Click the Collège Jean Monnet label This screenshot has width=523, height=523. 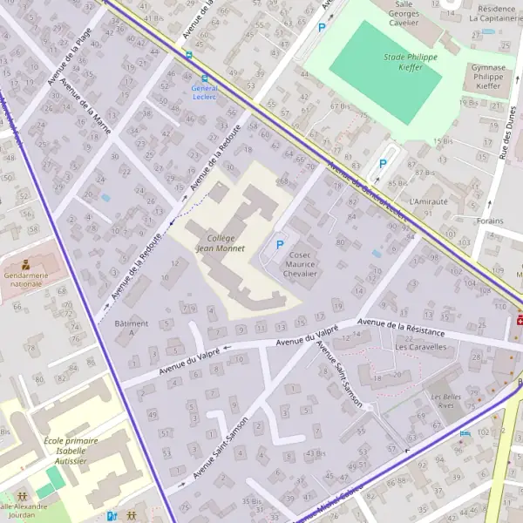(x=217, y=243)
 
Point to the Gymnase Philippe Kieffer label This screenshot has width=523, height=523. (x=488, y=77)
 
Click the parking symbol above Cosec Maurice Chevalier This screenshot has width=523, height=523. (x=279, y=246)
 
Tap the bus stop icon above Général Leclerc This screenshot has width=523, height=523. (x=189, y=54)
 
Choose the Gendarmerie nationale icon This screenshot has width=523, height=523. (x=24, y=263)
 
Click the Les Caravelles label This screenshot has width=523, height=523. (x=421, y=346)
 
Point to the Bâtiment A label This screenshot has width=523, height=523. (x=132, y=328)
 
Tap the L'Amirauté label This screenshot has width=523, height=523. (x=427, y=200)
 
